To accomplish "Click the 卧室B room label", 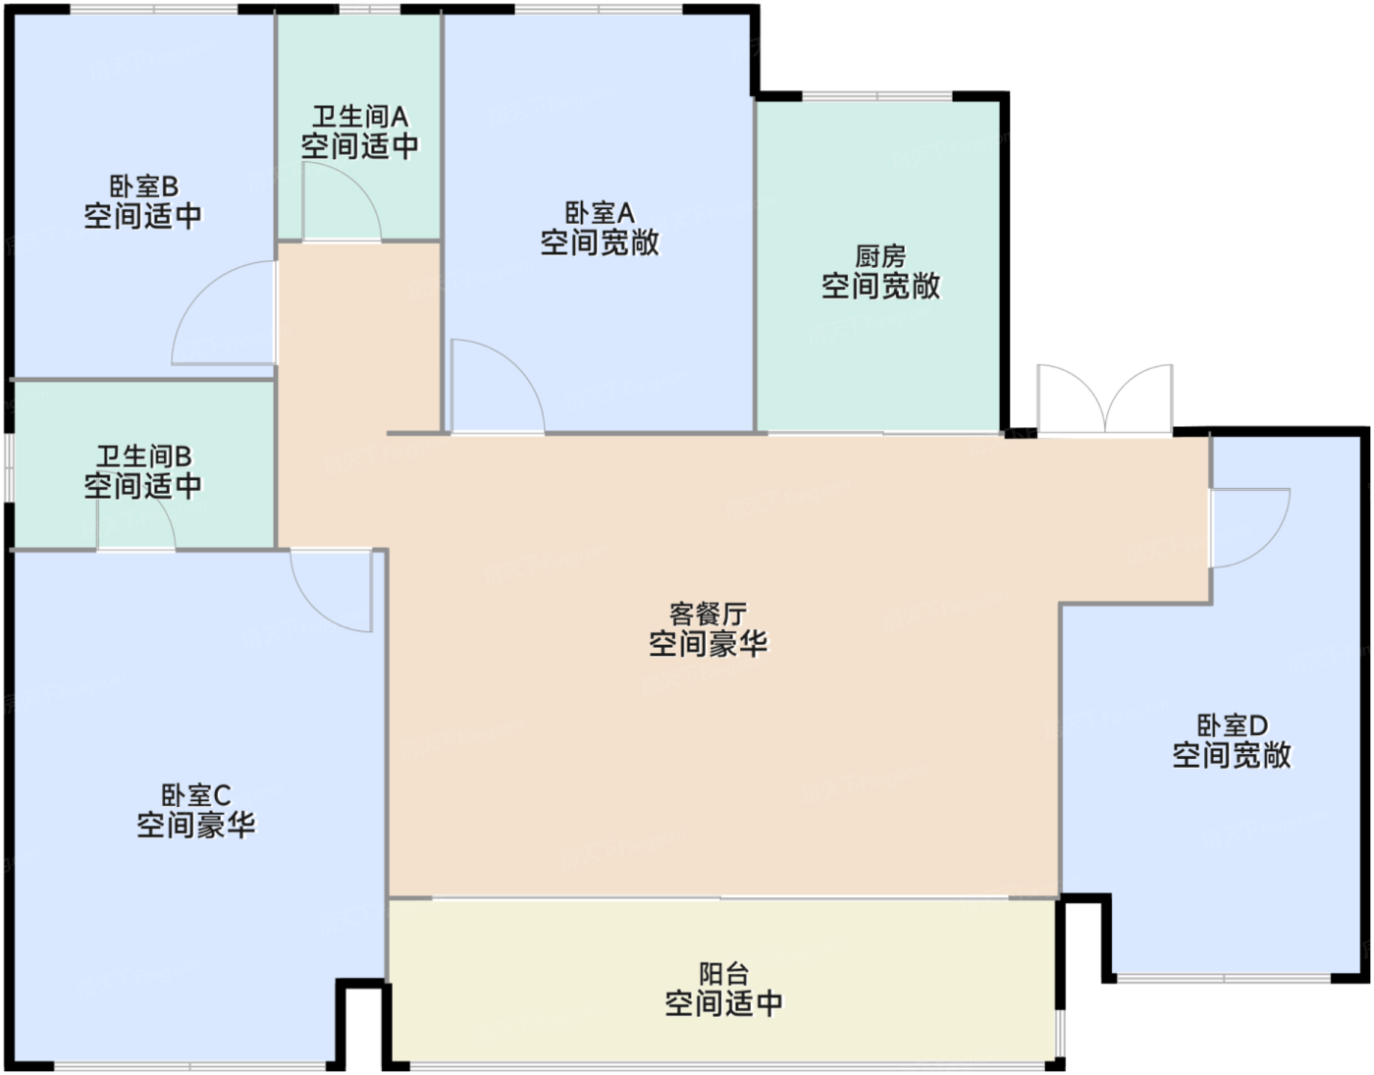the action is [x=144, y=187].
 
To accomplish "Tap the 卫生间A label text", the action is [x=360, y=117].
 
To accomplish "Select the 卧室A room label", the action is [x=600, y=213].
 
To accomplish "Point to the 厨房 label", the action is [x=880, y=257].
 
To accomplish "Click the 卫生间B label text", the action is [x=144, y=457].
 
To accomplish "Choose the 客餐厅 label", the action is [x=709, y=614].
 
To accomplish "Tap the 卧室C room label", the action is [x=196, y=795].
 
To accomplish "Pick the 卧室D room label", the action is [x=1233, y=726].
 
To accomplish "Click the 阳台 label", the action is [x=724, y=974].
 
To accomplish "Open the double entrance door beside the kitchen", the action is [x=1105, y=400].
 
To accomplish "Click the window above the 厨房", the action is [x=877, y=97].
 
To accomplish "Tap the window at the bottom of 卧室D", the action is [x=1224, y=978].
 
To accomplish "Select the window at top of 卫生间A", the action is [x=370, y=10].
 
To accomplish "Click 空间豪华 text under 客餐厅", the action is [x=709, y=644].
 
